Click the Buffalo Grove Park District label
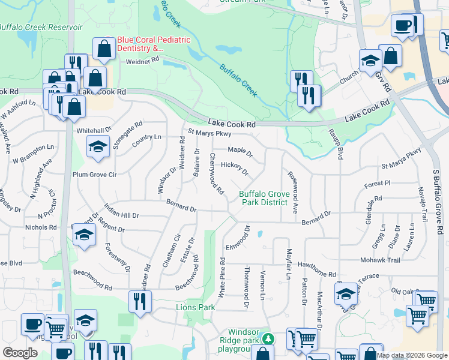coord(265,198)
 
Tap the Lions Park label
coord(195,307)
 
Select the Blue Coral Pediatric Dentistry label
coord(154,43)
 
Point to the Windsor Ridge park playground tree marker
coord(270,340)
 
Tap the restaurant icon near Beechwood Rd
coord(140,300)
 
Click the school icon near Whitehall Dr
coord(97,146)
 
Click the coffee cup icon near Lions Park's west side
coord(33,324)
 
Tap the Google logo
coord(20,353)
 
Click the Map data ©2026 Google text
coord(412,355)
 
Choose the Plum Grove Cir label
coord(94,175)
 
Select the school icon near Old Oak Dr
coord(346,294)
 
